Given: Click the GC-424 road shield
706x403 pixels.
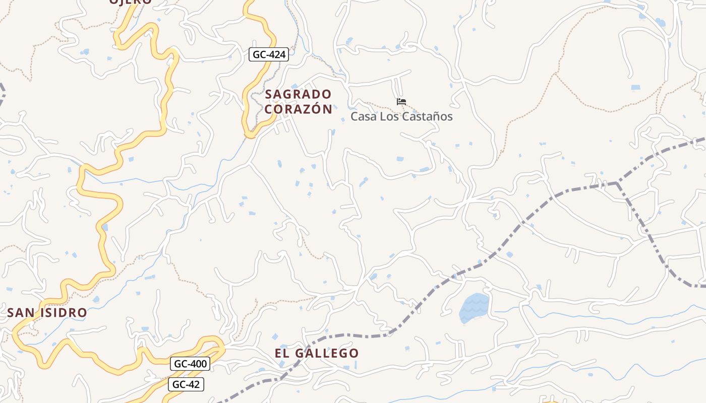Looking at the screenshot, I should click(x=268, y=54).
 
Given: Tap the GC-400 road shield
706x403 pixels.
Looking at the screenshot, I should click(x=190, y=363).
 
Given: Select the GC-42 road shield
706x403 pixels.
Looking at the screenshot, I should click(x=186, y=384).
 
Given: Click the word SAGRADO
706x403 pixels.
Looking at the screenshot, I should click(x=298, y=94).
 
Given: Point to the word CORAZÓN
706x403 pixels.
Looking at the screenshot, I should click(x=298, y=109).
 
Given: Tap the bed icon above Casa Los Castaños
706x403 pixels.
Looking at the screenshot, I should click(x=401, y=102).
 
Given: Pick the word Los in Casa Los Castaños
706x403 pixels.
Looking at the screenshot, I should click(x=390, y=116).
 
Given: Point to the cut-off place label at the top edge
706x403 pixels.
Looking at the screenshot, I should click(x=130, y=2).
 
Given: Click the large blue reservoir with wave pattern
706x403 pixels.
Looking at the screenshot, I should click(x=474, y=307).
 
